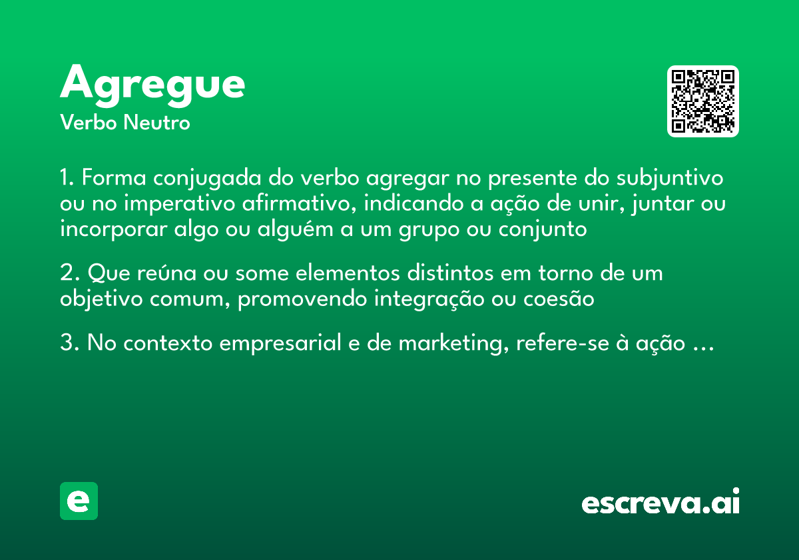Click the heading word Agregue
pos(152,85)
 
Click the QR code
pos(703,101)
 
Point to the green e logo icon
pos(79,501)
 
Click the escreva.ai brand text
pos(661,503)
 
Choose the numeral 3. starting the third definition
pos(69,344)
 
